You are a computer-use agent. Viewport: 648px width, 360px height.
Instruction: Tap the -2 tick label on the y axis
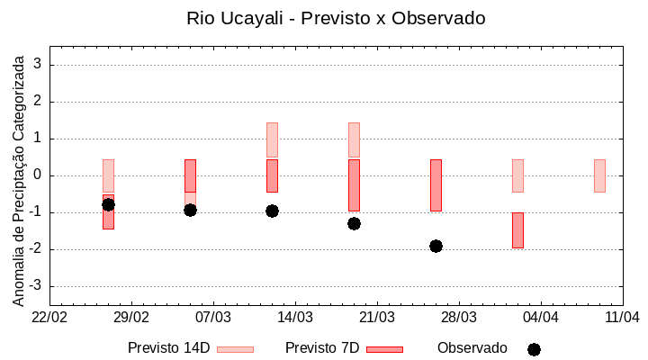pyautogui.click(x=37, y=249)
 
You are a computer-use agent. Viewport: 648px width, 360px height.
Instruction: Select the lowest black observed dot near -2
pyautogui.click(x=436, y=246)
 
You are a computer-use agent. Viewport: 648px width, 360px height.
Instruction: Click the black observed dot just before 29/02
pyautogui.click(x=108, y=204)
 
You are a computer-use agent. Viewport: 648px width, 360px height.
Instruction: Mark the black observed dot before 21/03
pyautogui.click(x=354, y=223)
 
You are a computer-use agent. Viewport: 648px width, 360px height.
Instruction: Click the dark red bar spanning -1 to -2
pyautogui.click(x=517, y=229)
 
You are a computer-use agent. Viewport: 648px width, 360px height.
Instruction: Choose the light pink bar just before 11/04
pyautogui.click(x=599, y=175)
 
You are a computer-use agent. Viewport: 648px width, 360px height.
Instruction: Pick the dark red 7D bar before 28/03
pyautogui.click(x=436, y=184)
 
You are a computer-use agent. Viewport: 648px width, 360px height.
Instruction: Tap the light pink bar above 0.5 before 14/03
pyautogui.click(x=272, y=139)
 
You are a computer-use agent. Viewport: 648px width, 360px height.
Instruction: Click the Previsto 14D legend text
pyautogui.click(x=168, y=348)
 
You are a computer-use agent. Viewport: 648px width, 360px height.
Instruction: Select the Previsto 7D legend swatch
pyautogui.click(x=384, y=349)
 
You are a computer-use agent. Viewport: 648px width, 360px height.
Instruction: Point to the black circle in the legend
pyautogui.click(x=534, y=349)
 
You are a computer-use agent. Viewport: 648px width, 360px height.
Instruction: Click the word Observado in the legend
pyautogui.click(x=472, y=348)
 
